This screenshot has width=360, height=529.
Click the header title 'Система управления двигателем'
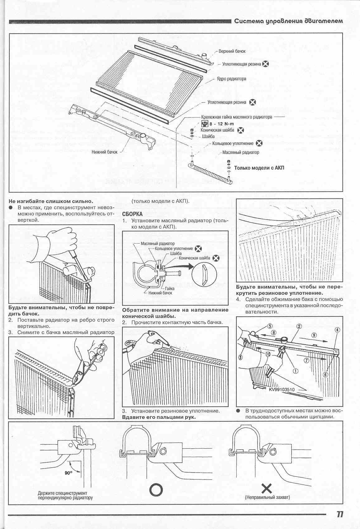tap(288, 21)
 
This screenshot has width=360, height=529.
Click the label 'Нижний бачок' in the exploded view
tap(105, 152)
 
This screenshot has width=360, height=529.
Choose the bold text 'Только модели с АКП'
tap(259, 168)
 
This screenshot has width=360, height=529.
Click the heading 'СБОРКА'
tap(132, 214)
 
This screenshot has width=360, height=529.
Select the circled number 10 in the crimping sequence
tap(268, 354)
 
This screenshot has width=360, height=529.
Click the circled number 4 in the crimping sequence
tap(337, 330)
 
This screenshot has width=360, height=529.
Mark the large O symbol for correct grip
tap(156, 490)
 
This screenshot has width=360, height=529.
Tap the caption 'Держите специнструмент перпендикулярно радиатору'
tap(65, 495)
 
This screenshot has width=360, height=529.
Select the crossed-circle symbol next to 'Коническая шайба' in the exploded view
tap(240, 131)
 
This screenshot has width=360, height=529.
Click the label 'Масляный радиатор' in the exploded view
tap(241, 152)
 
